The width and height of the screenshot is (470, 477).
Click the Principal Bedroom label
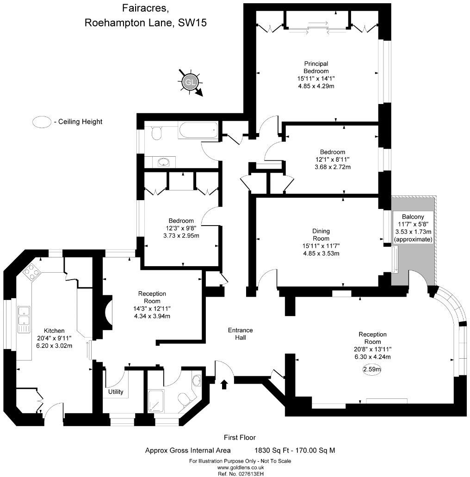316,67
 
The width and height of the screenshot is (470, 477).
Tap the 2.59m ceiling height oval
372,369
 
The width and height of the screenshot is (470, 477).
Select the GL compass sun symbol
190,82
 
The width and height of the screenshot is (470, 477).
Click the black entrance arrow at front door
225,384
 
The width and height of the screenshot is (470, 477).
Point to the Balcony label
413,217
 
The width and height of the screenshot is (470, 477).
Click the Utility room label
116,392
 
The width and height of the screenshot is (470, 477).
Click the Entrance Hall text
240,334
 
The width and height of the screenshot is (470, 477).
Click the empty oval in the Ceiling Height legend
41,122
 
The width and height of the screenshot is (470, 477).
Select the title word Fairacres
142,8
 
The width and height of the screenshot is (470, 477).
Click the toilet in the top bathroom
156,133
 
